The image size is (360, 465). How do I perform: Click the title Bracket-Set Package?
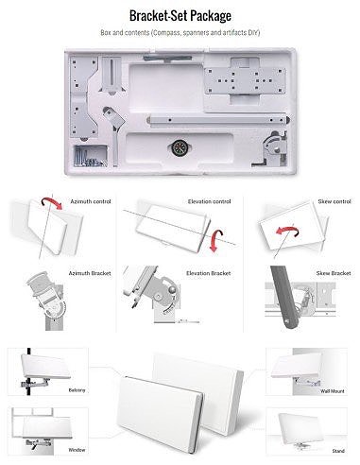(180, 15)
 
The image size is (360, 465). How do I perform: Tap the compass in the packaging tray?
(179, 147)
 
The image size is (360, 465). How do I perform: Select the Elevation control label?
(209, 200)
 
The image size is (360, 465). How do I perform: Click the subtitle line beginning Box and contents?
(180, 33)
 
